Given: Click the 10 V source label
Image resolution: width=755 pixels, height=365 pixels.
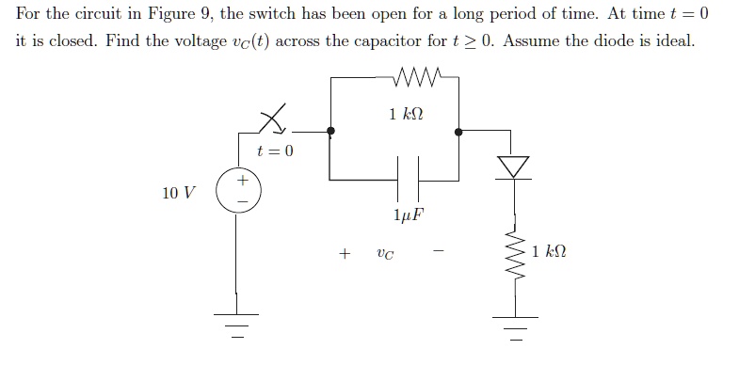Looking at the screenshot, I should click(x=179, y=193).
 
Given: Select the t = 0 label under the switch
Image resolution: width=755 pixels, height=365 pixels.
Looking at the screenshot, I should click(x=275, y=151).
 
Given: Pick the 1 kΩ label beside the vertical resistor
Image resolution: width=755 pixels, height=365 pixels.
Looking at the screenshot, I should click(x=549, y=252).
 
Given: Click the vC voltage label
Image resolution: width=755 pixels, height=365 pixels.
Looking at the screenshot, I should click(x=385, y=253).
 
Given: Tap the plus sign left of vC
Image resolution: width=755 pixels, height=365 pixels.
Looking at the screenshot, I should click(x=345, y=253).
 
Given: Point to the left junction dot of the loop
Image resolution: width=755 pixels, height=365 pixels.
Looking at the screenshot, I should click(x=330, y=133).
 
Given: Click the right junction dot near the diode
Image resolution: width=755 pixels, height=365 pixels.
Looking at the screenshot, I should click(x=458, y=133).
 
